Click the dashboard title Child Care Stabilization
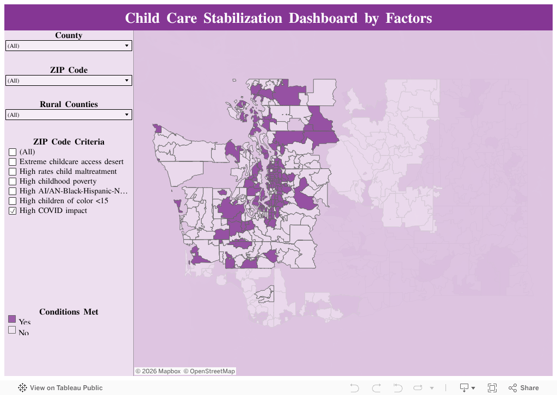point(278,18)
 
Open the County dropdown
point(69,46)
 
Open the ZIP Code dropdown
point(69,81)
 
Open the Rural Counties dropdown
point(69,115)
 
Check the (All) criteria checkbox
point(13,153)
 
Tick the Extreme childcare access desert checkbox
point(13,162)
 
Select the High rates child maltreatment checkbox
point(13,172)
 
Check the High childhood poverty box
point(13,182)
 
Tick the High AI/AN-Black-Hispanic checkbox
point(13,192)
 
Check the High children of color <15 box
point(13,202)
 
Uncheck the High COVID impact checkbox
point(13,211)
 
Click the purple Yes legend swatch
point(12,319)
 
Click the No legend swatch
point(12,330)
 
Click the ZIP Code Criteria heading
point(69,142)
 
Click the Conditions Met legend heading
point(69,312)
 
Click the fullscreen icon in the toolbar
point(492,388)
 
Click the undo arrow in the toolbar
point(355,388)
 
